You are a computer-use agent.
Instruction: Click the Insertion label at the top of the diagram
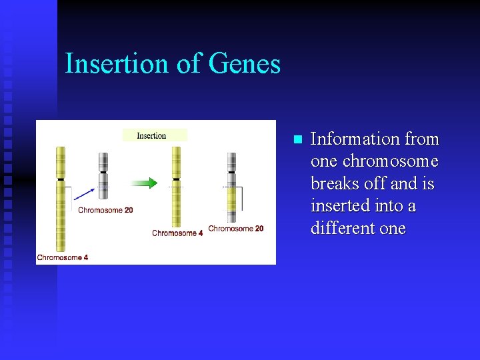click(152, 135)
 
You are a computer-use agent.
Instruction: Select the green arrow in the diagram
click(143, 183)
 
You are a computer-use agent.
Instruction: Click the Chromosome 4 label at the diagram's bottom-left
click(63, 257)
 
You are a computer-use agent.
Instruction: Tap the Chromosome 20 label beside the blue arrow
click(105, 210)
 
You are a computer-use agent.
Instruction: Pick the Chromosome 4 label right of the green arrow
click(177, 233)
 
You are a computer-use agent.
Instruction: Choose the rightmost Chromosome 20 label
click(235, 229)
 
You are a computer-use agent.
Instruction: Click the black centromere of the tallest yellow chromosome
click(61, 179)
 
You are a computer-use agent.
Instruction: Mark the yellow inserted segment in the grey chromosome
click(231, 198)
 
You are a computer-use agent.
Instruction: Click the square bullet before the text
click(297, 140)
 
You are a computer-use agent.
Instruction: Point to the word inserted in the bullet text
click(340, 206)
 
